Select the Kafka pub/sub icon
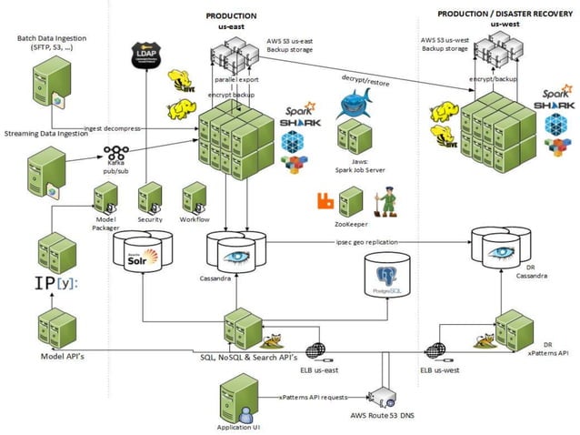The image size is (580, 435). (116, 154)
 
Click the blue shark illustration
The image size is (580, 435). (353, 105)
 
